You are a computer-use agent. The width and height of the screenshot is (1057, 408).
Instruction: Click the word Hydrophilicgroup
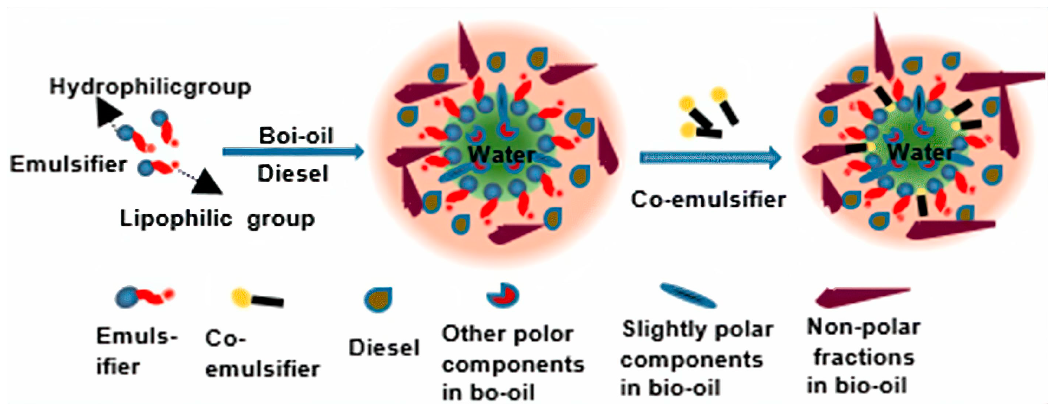pyautogui.click(x=150, y=87)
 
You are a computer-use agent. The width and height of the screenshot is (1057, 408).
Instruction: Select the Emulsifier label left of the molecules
pyautogui.click(x=68, y=164)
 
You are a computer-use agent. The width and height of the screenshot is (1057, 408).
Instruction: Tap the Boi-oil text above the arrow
pyautogui.click(x=296, y=135)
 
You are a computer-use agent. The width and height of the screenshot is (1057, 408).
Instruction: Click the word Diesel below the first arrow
pyautogui.click(x=293, y=174)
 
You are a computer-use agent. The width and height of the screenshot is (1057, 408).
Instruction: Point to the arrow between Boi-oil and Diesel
pyautogui.click(x=293, y=152)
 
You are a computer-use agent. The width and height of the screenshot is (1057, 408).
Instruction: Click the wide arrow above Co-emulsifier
pyautogui.click(x=710, y=158)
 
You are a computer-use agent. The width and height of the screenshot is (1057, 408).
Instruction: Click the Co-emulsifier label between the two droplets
pyautogui.click(x=708, y=200)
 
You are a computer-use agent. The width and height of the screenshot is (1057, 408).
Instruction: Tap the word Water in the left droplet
pyautogui.click(x=501, y=155)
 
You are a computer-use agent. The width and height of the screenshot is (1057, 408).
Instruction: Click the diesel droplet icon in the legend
pyautogui.click(x=378, y=299)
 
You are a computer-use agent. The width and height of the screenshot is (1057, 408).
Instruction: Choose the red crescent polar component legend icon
pyautogui.click(x=503, y=295)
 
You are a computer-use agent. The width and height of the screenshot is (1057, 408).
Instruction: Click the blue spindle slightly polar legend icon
pyautogui.click(x=688, y=296)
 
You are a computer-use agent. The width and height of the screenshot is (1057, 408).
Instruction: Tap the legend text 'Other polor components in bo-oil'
pyautogui.click(x=512, y=363)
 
